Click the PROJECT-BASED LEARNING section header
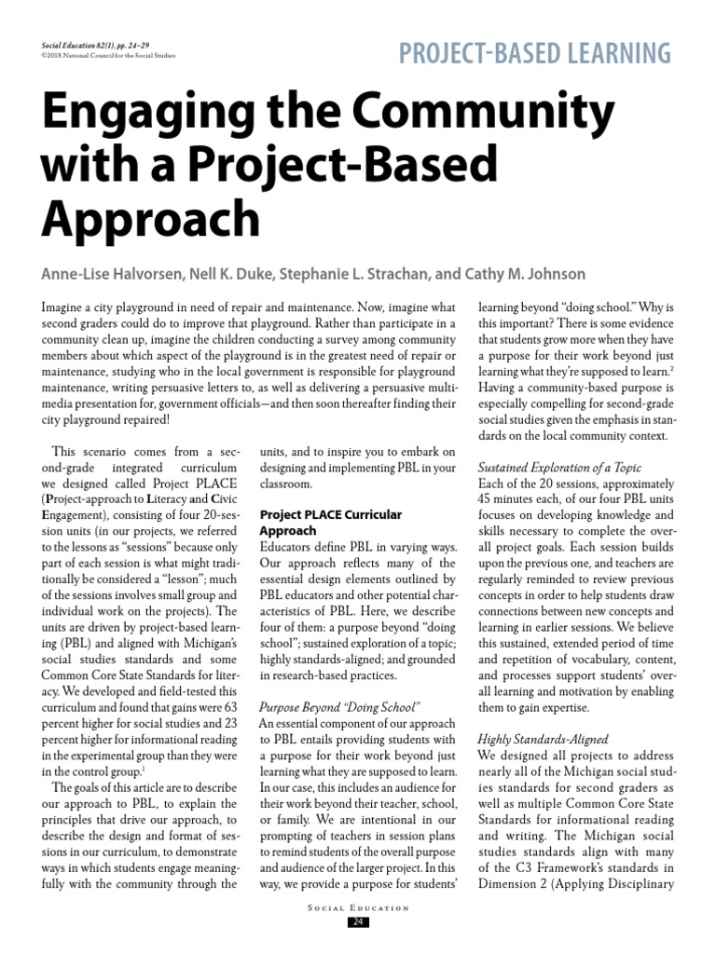(534, 53)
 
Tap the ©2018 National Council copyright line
(108, 55)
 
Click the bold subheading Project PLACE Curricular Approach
(330, 523)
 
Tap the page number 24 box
(358, 922)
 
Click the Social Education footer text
(358, 907)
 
